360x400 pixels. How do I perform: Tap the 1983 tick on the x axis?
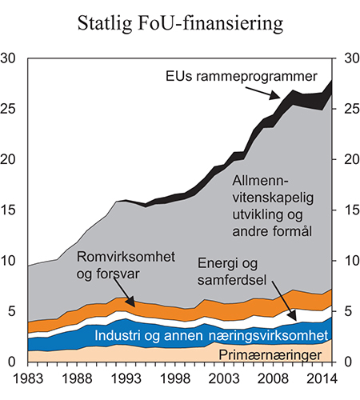click(29, 375)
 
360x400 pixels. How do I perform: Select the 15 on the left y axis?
click(11, 210)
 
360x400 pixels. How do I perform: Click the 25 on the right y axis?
click(348, 109)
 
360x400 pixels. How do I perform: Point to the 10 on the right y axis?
click(348, 261)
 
